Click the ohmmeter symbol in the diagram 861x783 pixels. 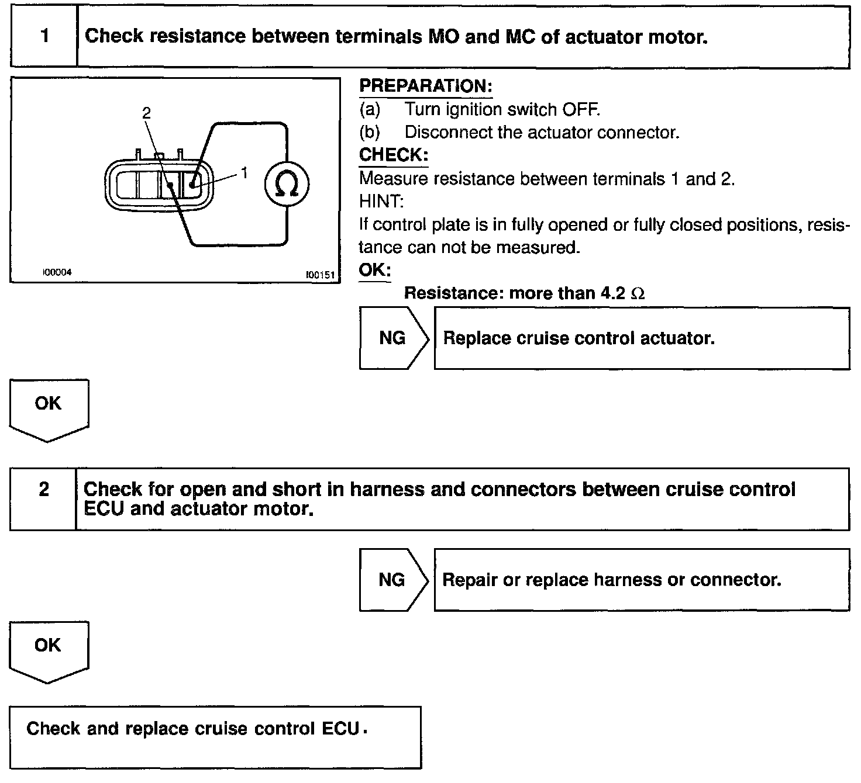coord(287,185)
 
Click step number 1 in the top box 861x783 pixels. coord(44,36)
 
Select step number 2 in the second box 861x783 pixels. coord(44,490)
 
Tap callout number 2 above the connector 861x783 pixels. coord(146,113)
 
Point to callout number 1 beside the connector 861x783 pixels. coord(244,172)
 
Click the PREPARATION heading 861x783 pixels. coord(425,86)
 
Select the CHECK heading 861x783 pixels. coord(394,155)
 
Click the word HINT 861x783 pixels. coord(381,202)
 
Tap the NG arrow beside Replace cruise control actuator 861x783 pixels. coord(393,338)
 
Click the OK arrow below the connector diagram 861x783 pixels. coord(49,408)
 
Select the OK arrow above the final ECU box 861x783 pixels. coord(49,649)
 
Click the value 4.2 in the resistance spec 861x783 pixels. coord(614,293)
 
